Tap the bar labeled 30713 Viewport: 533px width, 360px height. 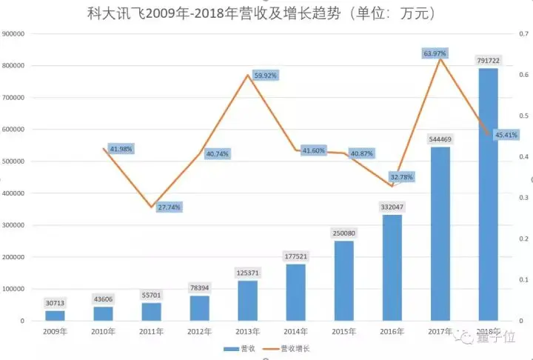55,315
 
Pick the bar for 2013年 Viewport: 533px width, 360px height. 247,300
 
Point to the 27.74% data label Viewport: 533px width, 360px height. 170,207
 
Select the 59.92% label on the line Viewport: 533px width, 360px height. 266,75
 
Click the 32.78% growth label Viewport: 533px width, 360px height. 402,177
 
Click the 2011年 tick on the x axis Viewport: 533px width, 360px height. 151,332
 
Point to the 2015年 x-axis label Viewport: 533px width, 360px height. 344,332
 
